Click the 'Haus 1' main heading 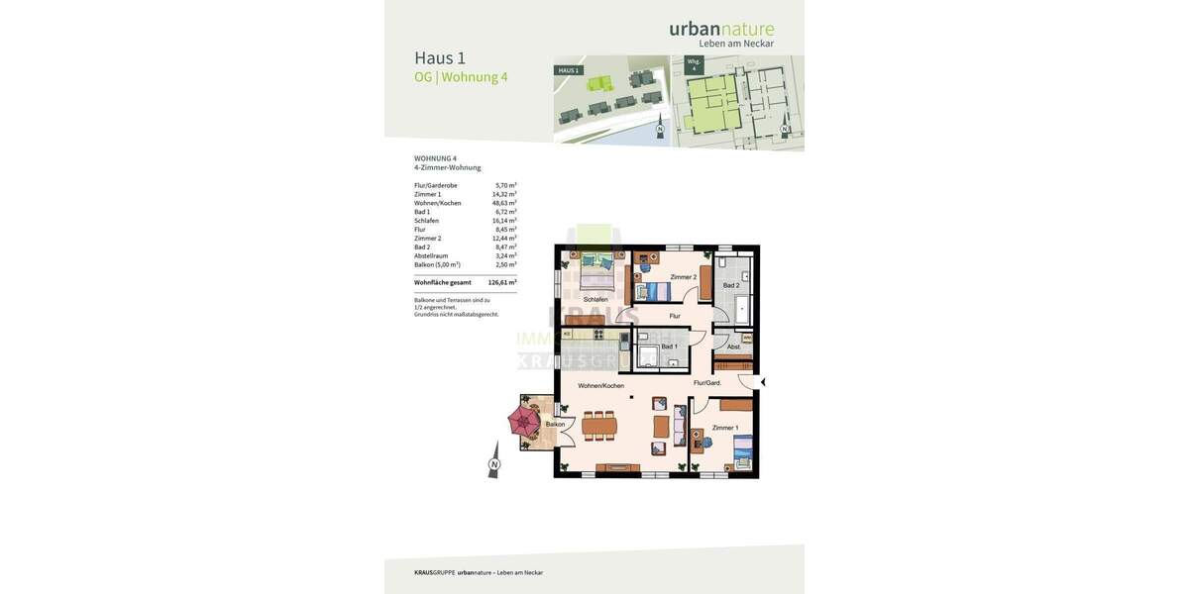(x=440, y=57)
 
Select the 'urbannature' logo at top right (x=721, y=29)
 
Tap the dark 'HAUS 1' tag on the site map (x=569, y=70)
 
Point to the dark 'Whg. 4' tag (x=694, y=64)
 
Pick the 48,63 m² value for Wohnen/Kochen (x=504, y=203)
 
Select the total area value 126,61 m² (x=502, y=282)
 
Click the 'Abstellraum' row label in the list (x=431, y=255)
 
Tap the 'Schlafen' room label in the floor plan (x=595, y=299)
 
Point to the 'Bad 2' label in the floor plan (x=731, y=285)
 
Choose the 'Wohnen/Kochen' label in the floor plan (x=601, y=385)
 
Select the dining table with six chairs (x=599, y=427)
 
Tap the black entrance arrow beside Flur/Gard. (x=762, y=382)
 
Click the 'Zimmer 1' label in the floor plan (x=725, y=428)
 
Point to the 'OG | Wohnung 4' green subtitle (x=461, y=77)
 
